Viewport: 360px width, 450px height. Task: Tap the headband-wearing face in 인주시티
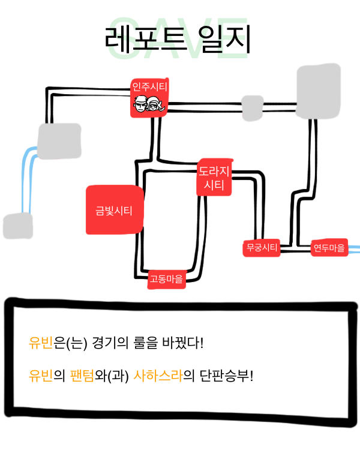[x=140, y=107]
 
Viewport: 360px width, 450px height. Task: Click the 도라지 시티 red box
[x=214, y=178]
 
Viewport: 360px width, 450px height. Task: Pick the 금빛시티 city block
[x=114, y=210]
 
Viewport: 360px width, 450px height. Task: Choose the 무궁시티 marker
[x=262, y=247]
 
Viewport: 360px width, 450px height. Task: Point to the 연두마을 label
[x=329, y=247]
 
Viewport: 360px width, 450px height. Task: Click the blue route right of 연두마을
[x=354, y=248]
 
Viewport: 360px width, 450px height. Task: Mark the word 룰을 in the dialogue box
[x=147, y=344]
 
